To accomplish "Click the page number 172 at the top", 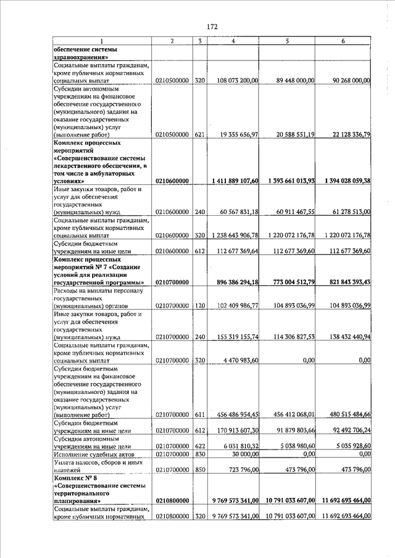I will click(212, 27).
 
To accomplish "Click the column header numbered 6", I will click(343, 41).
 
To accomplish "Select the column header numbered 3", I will click(199, 41).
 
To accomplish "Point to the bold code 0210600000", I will click(172, 181).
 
